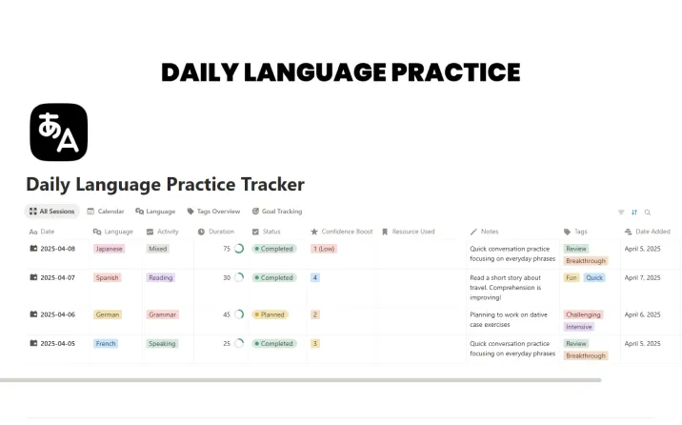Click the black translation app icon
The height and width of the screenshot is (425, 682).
(59, 132)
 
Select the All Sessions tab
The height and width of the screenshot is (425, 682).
(52, 212)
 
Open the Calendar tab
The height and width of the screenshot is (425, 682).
(106, 212)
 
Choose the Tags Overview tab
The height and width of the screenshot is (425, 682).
(213, 212)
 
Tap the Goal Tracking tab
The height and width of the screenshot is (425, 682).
(276, 212)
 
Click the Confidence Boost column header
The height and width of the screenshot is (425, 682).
(341, 232)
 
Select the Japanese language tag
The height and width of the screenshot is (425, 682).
(110, 249)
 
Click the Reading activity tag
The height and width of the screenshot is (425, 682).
(160, 278)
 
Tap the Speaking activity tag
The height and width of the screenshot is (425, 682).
(162, 344)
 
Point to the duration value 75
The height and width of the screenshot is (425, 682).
(227, 249)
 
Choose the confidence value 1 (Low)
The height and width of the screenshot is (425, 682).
(324, 249)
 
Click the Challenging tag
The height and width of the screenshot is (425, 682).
(583, 314)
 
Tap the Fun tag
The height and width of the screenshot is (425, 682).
(572, 278)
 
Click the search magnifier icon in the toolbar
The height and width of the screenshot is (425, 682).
(648, 212)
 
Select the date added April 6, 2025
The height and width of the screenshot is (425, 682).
(642, 314)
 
